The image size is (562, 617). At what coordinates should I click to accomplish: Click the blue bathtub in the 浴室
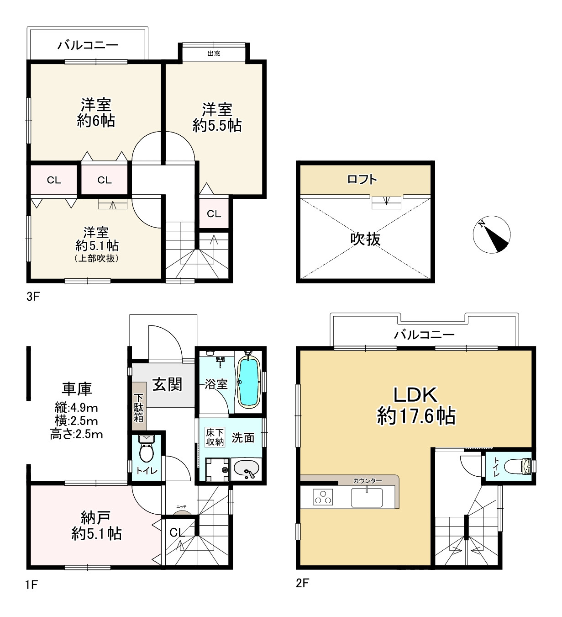pyautogui.click(x=249, y=383)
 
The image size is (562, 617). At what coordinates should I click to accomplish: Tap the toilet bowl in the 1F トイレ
pyautogui.click(x=146, y=450)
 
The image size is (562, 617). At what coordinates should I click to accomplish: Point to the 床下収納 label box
pyautogui.click(x=215, y=437)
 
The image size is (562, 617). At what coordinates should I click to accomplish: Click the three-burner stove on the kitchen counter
pyautogui.click(x=323, y=497)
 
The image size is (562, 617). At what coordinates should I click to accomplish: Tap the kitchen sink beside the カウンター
pyautogui.click(x=367, y=497)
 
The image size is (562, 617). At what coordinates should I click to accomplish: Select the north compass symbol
pyautogui.click(x=491, y=234)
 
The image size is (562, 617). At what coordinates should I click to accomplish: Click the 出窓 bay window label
pyautogui.click(x=214, y=53)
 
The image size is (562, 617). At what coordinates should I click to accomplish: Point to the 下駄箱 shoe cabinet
pyautogui.click(x=139, y=406)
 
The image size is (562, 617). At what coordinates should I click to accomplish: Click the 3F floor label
pyautogui.click(x=33, y=297)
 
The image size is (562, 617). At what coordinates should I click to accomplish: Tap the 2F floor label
pyautogui.click(x=302, y=583)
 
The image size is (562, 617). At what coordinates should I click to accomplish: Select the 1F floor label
pyautogui.click(x=32, y=585)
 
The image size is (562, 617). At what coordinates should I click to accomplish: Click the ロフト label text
pyautogui.click(x=362, y=179)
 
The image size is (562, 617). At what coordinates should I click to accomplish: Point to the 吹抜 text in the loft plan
pyautogui.click(x=365, y=239)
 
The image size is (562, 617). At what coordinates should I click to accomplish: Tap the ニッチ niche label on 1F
pyautogui.click(x=181, y=506)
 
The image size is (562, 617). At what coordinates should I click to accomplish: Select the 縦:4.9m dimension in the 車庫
pyautogui.click(x=76, y=408)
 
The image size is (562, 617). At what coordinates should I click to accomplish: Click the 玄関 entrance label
pyautogui.click(x=168, y=384)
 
